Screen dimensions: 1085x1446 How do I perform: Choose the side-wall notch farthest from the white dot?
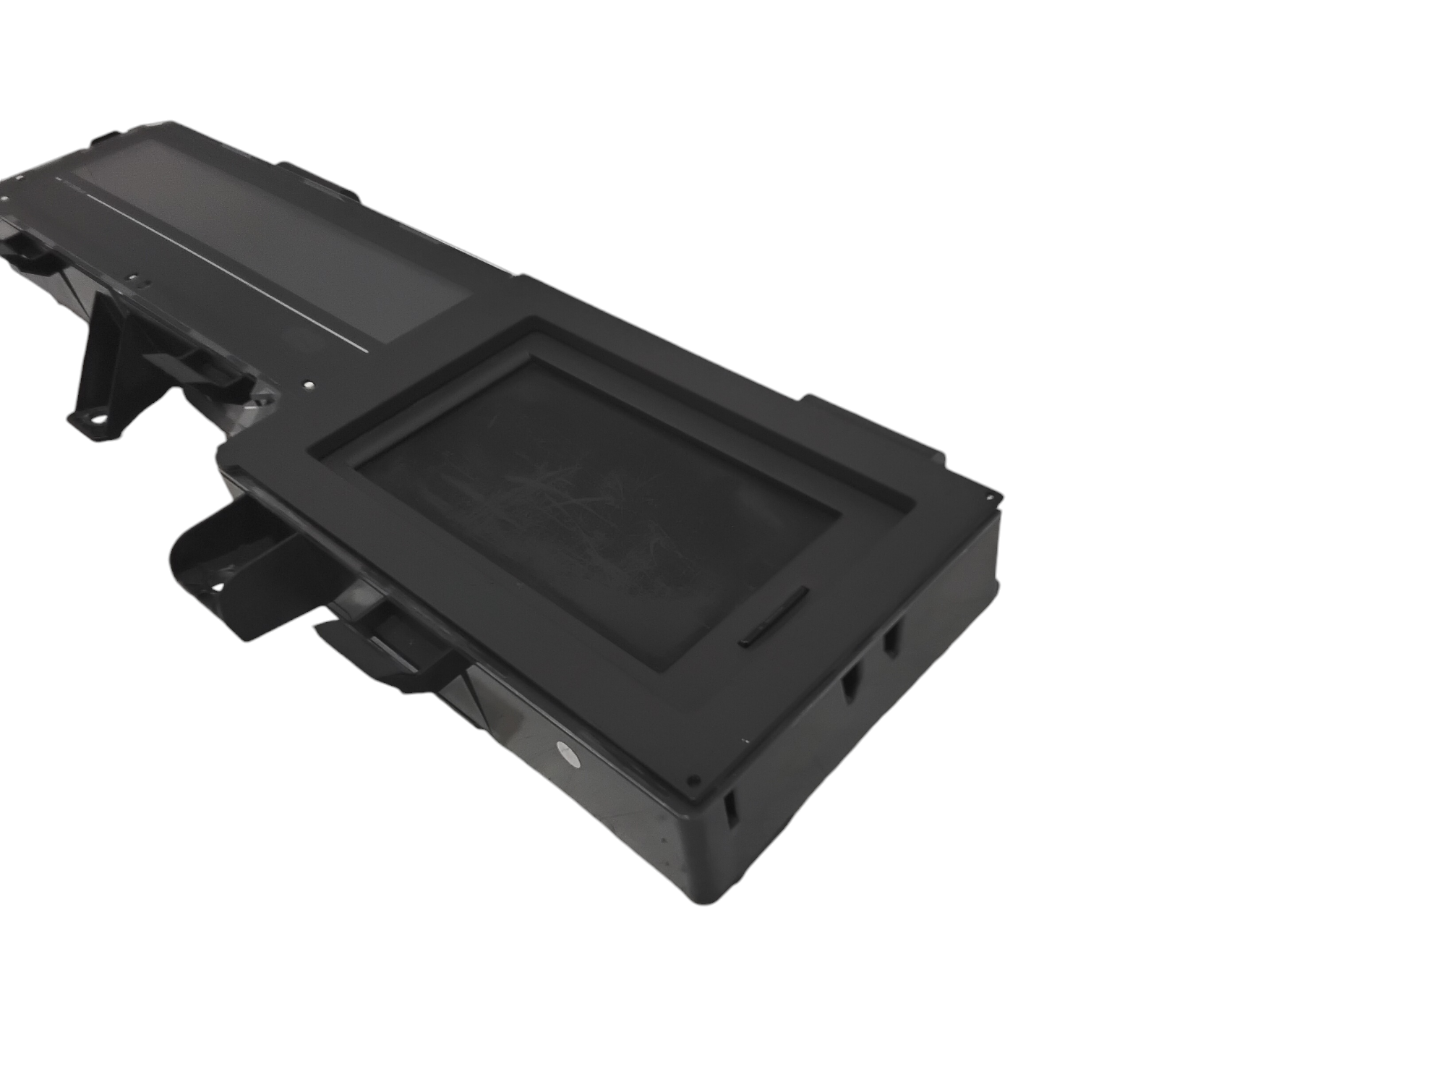pos(891,640)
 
